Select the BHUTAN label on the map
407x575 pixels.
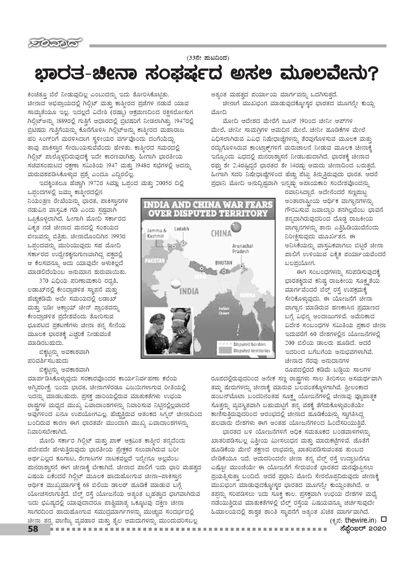224,263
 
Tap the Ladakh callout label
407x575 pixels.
182,229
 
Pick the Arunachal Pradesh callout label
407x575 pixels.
242,248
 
